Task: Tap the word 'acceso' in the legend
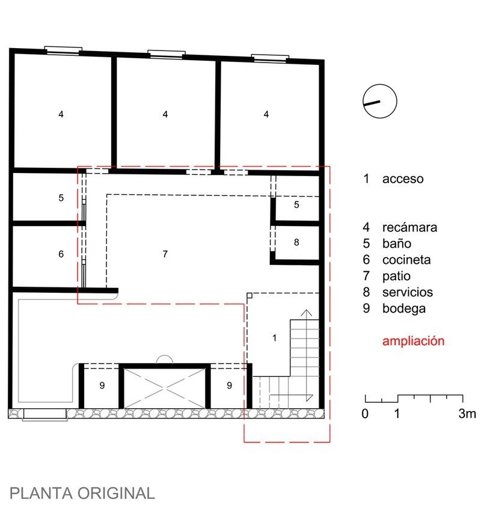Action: pos(403,179)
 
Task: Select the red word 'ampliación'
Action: pos(414,341)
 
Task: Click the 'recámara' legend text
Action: pos(409,227)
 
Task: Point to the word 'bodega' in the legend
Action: pos(404,308)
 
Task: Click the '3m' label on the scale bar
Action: pos(467,414)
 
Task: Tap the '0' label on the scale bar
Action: pos(365,414)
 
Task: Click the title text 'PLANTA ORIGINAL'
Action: pos(82,494)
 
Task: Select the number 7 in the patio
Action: pos(165,254)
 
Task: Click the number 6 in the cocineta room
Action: pos(61,254)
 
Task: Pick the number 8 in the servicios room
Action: pos(296,242)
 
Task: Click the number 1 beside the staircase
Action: pos(274,338)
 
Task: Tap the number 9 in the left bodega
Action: pos(102,385)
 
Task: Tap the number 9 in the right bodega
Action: pos(230,385)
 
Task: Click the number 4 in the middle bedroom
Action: pos(165,114)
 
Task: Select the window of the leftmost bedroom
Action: pos(63,50)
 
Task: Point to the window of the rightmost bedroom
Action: pos(270,58)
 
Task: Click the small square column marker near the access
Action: pos(250,296)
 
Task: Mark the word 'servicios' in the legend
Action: pos(408,292)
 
